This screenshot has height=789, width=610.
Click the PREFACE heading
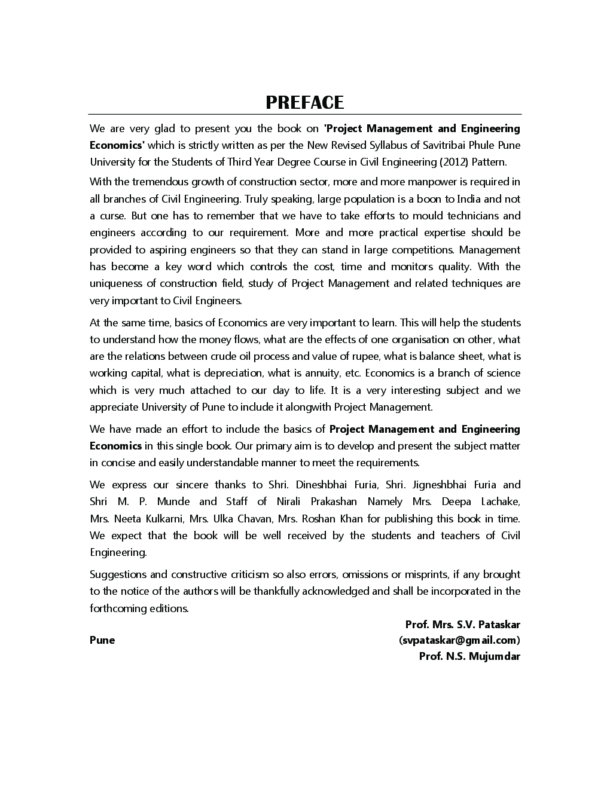click(x=304, y=102)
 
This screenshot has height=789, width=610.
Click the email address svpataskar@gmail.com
click(x=459, y=640)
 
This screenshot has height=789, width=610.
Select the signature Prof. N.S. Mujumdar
click(x=469, y=656)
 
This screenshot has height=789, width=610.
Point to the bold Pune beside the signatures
click(x=102, y=640)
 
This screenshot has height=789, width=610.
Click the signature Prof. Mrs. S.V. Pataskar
click(x=462, y=625)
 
